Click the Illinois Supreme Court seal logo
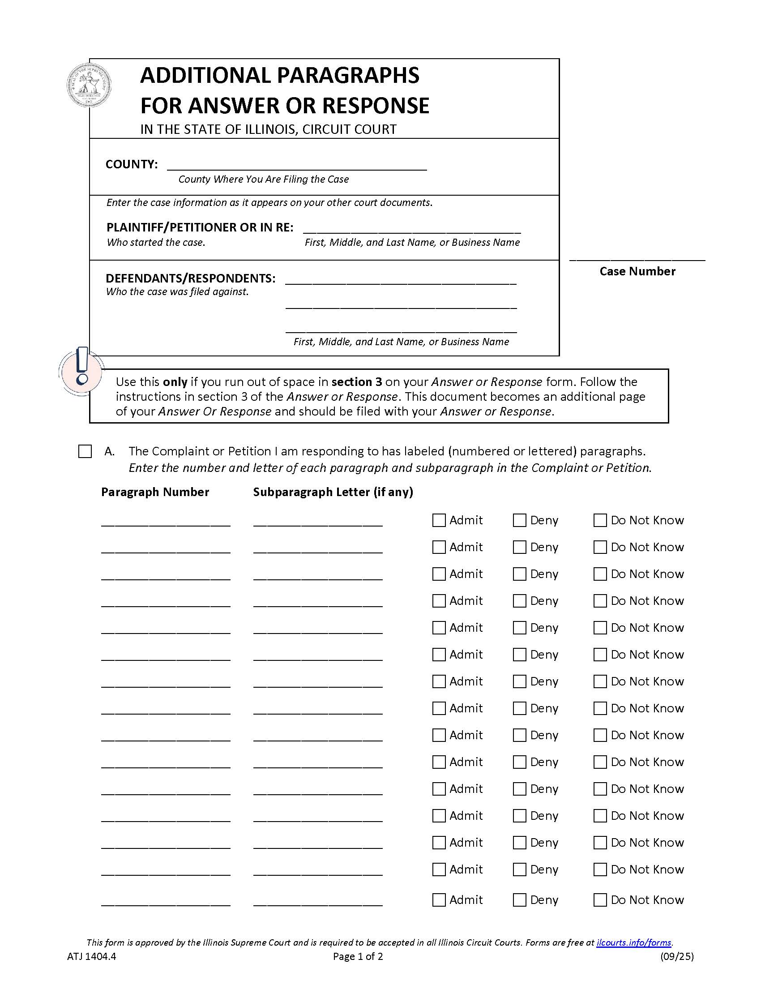[89, 86]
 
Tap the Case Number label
[637, 271]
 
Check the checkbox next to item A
[85, 451]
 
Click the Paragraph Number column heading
[155, 492]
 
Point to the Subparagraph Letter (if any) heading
[333, 492]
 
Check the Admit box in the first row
[439, 520]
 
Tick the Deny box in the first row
[519, 520]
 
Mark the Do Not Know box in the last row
[600, 900]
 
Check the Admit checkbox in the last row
[439, 900]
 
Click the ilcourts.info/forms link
[633, 942]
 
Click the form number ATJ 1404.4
[91, 956]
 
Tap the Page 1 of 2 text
[358, 956]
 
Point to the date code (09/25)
[677, 956]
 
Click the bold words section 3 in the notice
[357, 381]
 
